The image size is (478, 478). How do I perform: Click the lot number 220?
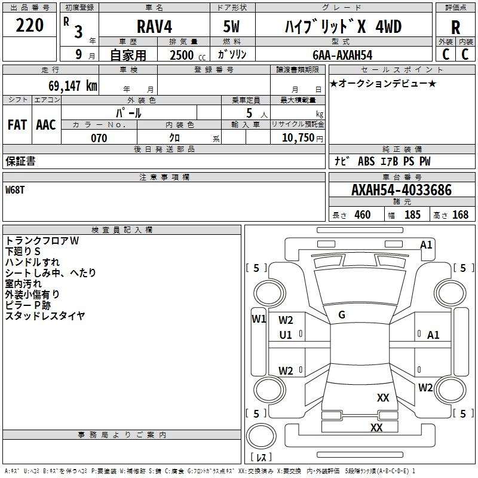click(x=30, y=26)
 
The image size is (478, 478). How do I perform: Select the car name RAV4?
click(x=154, y=27)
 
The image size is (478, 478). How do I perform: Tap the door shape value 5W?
click(x=232, y=27)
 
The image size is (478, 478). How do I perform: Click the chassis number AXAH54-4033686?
click(x=402, y=190)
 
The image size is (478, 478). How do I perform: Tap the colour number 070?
click(x=99, y=138)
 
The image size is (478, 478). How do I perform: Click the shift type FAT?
click(x=17, y=125)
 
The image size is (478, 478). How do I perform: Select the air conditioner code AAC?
click(x=46, y=125)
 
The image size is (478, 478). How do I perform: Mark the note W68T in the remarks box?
click(x=16, y=190)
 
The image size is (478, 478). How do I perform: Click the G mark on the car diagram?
click(x=342, y=315)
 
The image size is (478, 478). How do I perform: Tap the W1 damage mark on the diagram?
click(x=259, y=318)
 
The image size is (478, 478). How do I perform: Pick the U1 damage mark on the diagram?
click(x=286, y=335)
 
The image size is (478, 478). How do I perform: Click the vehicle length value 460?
click(x=363, y=215)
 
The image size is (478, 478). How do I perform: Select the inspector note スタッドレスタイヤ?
click(x=45, y=316)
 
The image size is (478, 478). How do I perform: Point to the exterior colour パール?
click(x=128, y=112)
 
